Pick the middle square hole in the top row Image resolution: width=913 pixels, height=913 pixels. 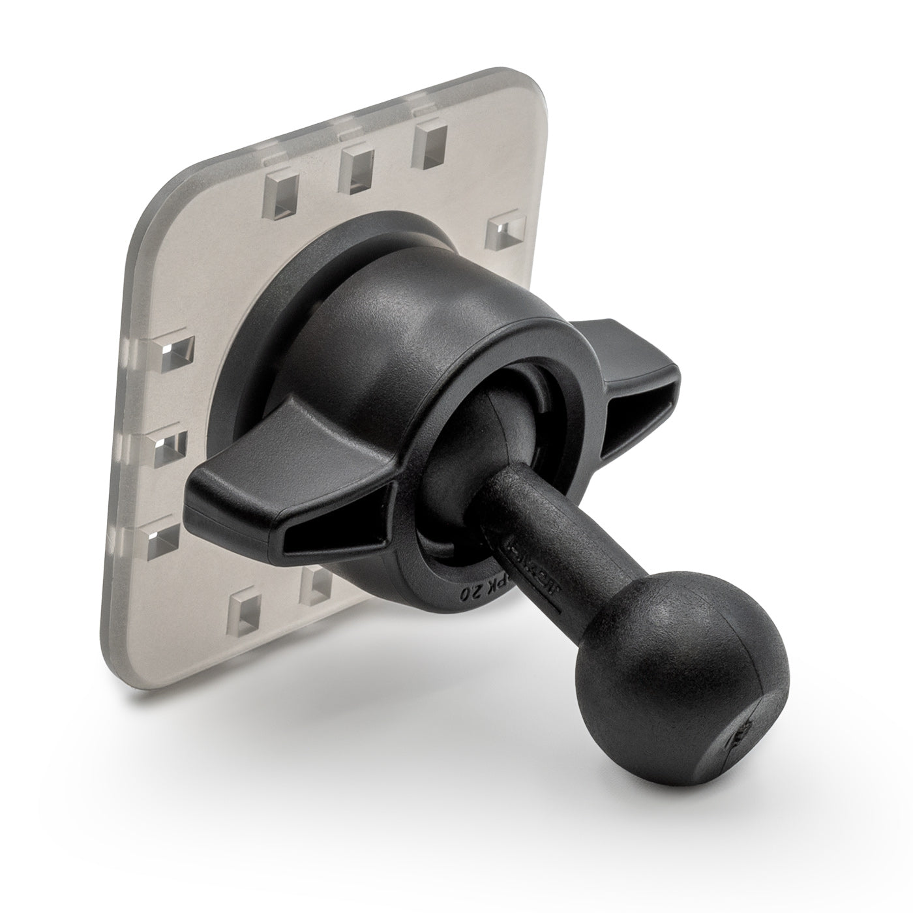click(357, 166)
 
